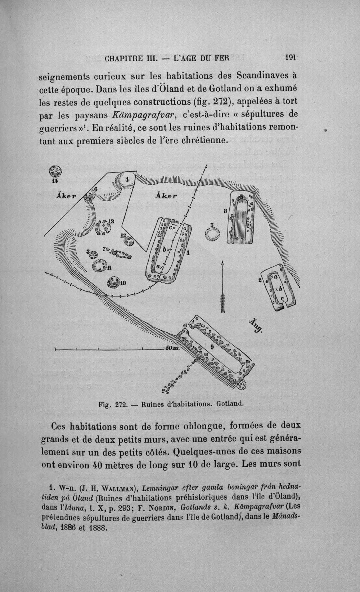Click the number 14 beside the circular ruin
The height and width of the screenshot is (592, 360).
pyautogui.click(x=55, y=181)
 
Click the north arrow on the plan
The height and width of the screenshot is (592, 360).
pyautogui.click(x=222, y=286)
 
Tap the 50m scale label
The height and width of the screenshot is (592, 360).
pyautogui.click(x=172, y=348)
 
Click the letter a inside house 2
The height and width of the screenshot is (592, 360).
pyautogui.click(x=275, y=277)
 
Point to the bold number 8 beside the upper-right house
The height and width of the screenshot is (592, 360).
pyautogui.click(x=225, y=211)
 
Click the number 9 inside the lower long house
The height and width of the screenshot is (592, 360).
pyautogui.click(x=212, y=347)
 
